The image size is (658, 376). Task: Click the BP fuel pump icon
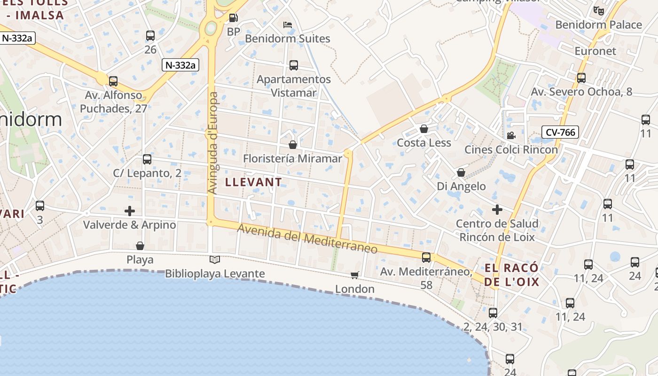pos(233,18)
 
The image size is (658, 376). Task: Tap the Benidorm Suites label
pos(288,39)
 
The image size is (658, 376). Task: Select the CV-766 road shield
pos(560,133)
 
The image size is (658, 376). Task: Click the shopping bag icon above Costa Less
pos(424,129)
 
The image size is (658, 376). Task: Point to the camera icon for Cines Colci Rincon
pos(511,136)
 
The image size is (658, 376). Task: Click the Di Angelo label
pos(461,186)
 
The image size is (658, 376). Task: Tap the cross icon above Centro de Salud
pos(497,210)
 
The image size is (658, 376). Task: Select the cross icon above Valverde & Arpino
pos(130,211)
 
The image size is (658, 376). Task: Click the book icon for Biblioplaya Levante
pos(214,259)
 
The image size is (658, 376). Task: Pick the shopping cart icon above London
pos(355,275)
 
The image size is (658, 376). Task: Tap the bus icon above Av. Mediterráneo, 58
pos(426,258)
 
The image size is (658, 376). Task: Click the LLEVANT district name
pos(254,182)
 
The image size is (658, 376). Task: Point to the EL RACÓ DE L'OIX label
pos(511,275)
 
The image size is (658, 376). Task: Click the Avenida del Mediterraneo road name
pos(307,239)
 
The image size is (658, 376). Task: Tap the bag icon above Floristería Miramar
pos(293,145)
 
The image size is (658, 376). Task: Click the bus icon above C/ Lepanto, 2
pos(147,159)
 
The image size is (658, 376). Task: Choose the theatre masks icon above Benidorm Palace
pos(598,10)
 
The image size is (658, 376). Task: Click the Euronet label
pos(595,51)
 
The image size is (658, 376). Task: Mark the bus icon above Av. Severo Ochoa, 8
pos(581,78)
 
